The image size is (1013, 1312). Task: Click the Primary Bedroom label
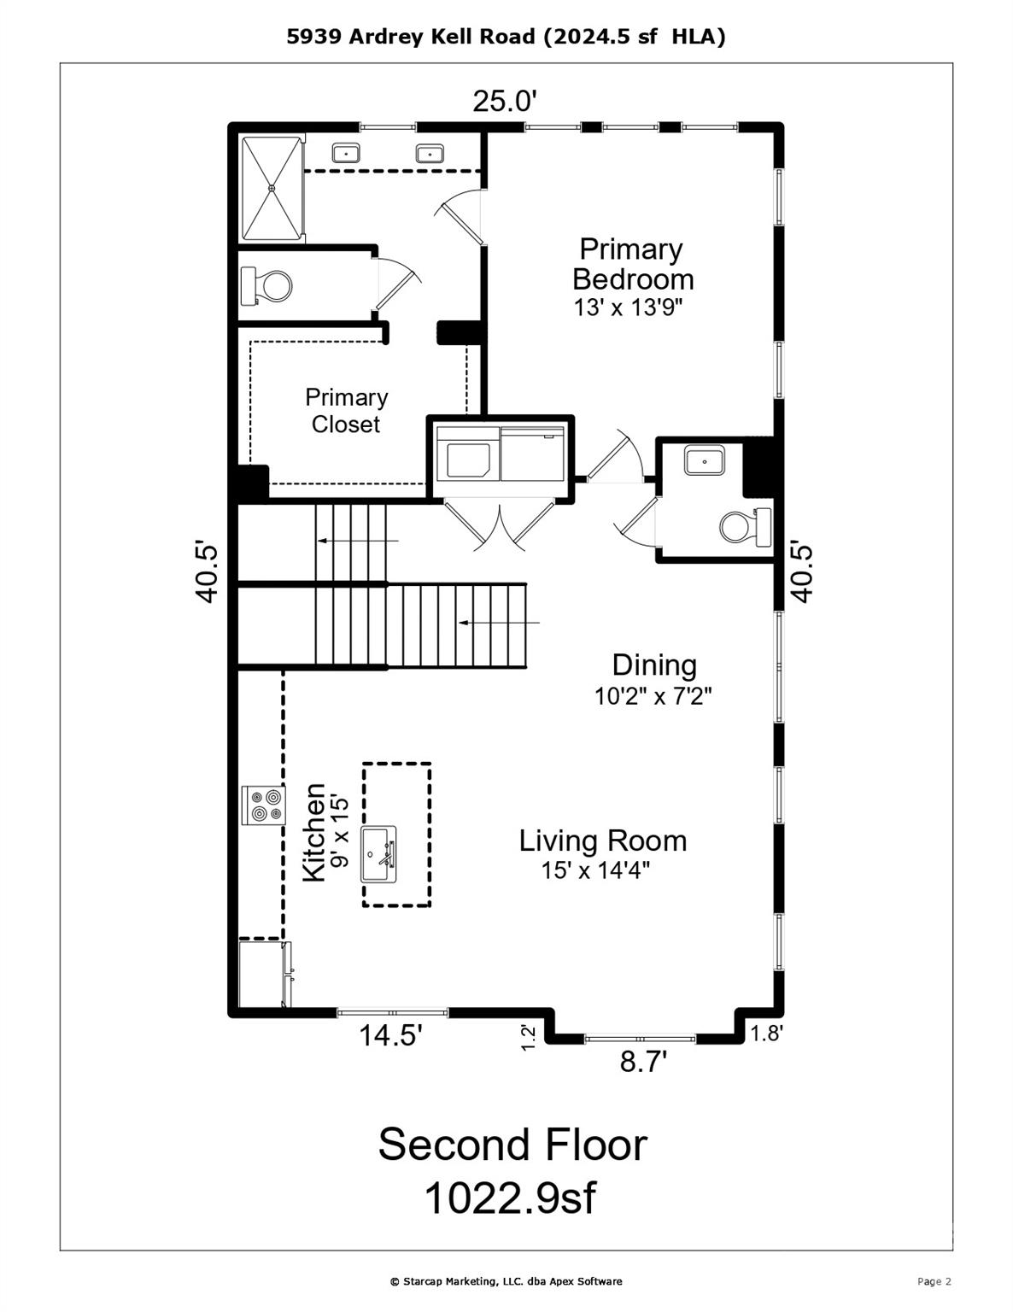pos(632,265)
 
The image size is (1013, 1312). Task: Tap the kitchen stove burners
pos(263,805)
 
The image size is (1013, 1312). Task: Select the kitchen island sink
pos(378,854)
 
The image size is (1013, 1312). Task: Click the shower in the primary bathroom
pos(272,189)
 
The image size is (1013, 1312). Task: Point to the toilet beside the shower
pos(266,285)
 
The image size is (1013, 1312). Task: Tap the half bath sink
pos(704,460)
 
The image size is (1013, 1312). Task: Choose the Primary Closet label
pos(346,411)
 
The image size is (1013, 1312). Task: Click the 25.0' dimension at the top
pos(504,101)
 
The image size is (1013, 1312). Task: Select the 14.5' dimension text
pos(390,1035)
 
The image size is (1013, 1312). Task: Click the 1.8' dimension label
pos(766,1034)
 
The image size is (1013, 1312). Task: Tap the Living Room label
pos(602,840)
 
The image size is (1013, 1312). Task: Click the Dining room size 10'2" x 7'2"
pos(653,696)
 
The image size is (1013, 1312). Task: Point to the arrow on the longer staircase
pos(499,623)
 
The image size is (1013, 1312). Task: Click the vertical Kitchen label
pos(313,833)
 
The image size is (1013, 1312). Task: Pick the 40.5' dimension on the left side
pos(207,573)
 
